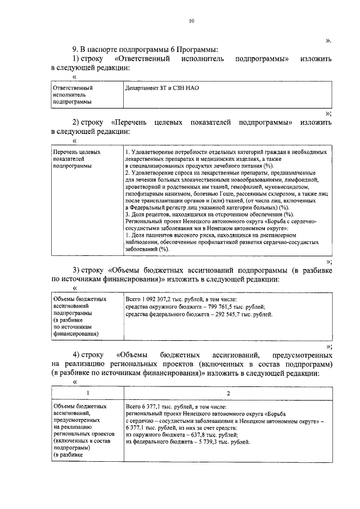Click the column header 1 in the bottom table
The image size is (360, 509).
click(87, 393)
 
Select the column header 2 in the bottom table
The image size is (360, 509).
click(227, 393)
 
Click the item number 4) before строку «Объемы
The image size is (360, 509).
click(79, 355)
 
